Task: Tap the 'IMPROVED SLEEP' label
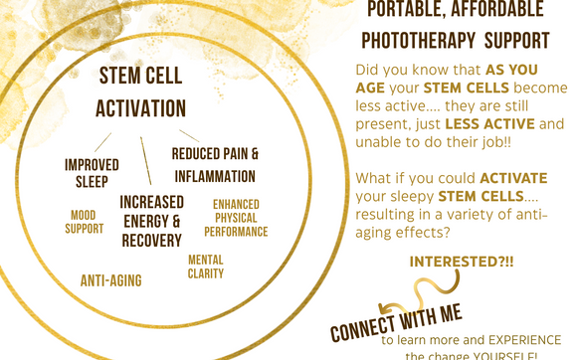92,171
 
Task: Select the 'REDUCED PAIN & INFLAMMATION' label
215,165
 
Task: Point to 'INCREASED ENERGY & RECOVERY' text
151,221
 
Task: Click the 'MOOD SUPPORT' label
86,221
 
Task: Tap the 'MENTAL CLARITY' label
206,266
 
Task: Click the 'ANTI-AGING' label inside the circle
110,280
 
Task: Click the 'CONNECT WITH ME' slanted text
397,320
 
